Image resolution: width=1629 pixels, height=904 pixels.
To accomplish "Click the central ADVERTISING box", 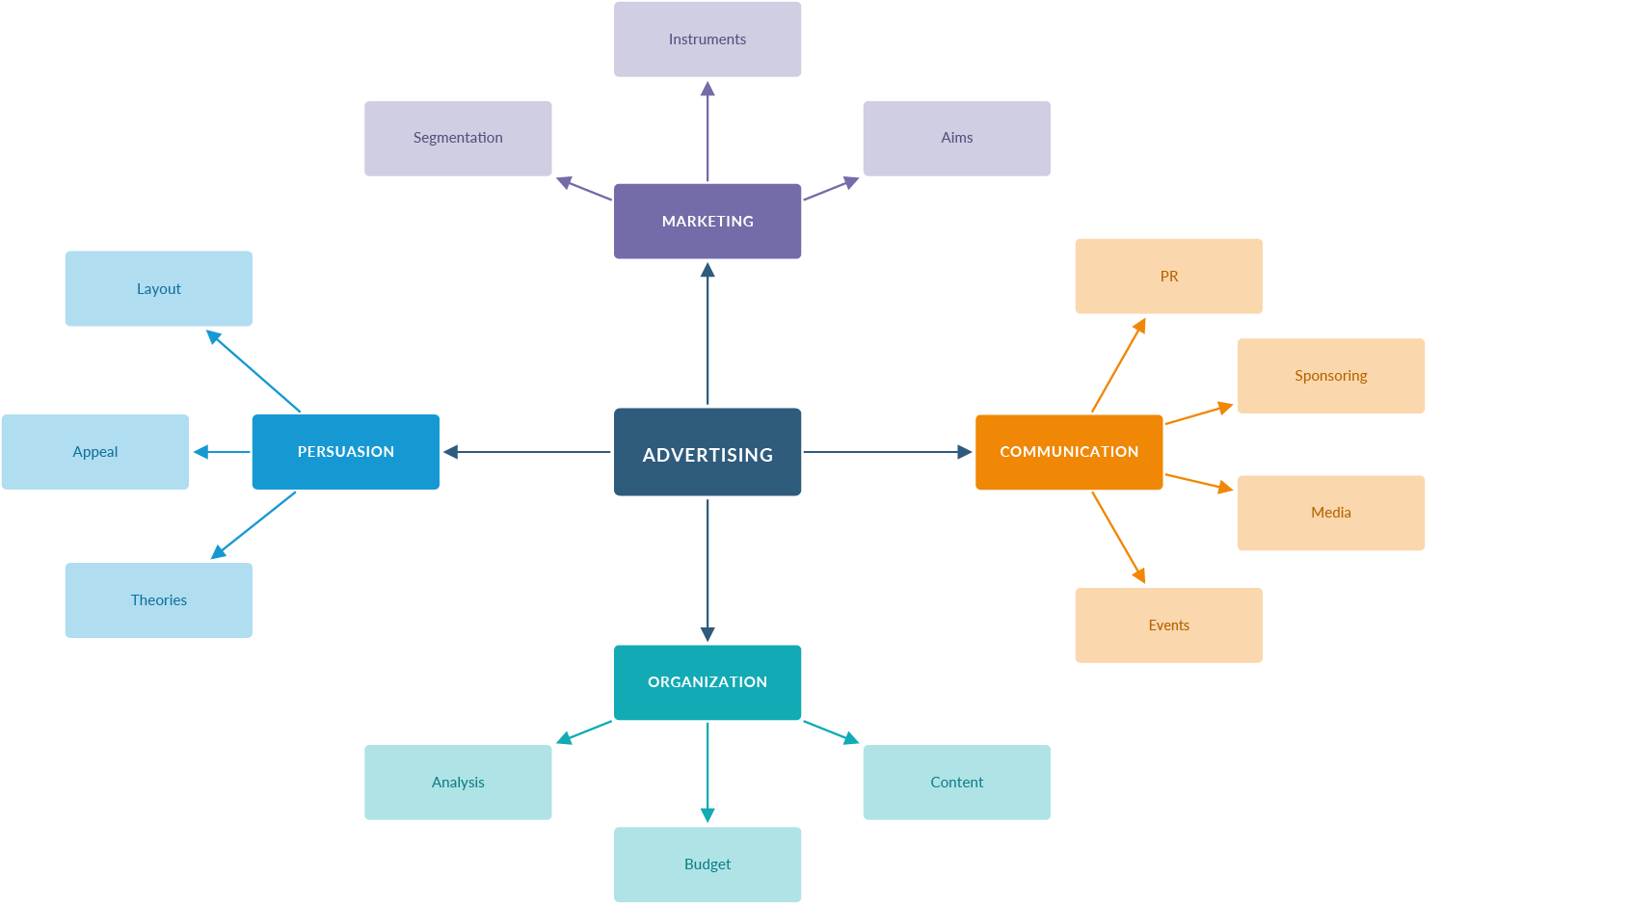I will pos(708,452).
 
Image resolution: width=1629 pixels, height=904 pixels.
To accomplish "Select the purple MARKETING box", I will pos(708,221).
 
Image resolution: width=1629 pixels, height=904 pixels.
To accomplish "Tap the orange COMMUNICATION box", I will pos(1069,452).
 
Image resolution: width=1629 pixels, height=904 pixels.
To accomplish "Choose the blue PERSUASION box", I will pos(345,452).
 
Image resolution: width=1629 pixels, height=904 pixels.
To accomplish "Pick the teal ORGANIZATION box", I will pos(708,682).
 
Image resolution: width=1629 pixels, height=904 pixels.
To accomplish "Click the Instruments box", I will pos(708,40).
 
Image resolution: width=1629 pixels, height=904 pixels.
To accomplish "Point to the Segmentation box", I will pos(458,138).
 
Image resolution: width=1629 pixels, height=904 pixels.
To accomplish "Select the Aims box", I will pos(956,138).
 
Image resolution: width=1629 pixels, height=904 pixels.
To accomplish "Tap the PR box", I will pos(1168,276).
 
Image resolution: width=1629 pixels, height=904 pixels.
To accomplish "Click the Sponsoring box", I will pos(1331,376).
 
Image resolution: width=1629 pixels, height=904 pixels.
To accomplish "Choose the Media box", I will pos(1331,513).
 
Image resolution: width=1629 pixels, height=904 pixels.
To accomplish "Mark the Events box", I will pos(1168,625).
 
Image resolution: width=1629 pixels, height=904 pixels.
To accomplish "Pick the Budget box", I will pos(708,864).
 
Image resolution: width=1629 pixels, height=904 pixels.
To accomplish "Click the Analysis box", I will pos(458,783).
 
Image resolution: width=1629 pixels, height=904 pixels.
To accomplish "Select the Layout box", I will pos(158,288).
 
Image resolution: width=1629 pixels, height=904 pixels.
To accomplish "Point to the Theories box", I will pos(158,600).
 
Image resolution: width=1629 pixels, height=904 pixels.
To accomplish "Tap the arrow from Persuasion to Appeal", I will pos(221,452).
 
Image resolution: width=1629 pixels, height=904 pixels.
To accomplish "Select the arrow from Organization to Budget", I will pos(708,772).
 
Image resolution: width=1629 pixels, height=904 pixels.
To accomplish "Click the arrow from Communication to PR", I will pos(1118,365).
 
